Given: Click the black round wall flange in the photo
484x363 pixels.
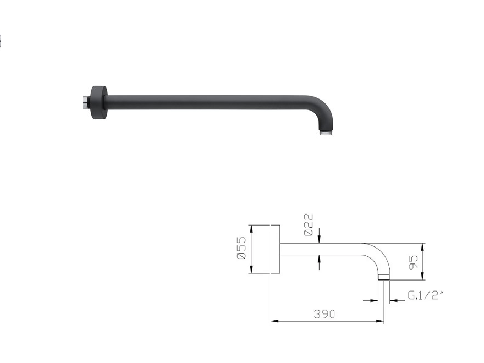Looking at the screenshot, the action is click(99, 102).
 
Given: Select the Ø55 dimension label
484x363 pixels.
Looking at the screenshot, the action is click(242, 248).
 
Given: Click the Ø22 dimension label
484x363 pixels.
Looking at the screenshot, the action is click(309, 225).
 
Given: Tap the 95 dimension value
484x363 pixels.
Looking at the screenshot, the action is click(413, 262).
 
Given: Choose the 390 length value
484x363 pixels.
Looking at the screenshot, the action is click(324, 314).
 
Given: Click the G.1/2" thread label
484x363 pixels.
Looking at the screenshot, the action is click(426, 295).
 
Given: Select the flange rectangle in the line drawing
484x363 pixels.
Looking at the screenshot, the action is click(276, 249).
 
